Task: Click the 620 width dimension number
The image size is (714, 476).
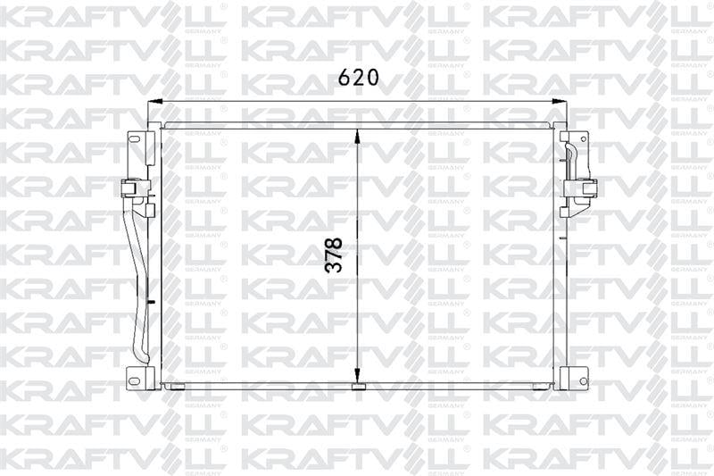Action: pos(358,78)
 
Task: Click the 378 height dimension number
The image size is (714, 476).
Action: pos(334,255)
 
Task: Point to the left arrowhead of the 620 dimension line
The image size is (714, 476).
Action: pos(155,101)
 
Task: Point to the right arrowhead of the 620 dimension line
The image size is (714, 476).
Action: pos(560,101)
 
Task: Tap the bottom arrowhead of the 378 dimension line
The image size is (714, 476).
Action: pos(358,380)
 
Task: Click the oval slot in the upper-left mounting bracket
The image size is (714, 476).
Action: pos(135,139)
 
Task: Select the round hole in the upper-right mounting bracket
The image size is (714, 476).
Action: pos(584,138)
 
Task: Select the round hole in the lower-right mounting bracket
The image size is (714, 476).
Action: pos(584,380)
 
